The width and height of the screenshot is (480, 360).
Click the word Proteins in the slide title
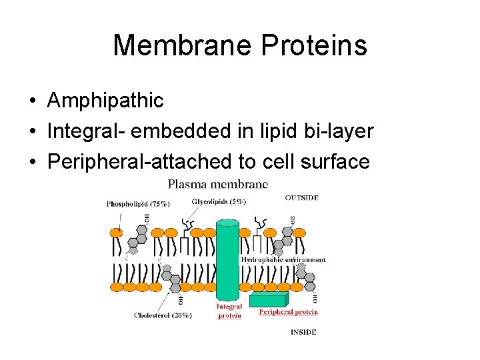[314, 45]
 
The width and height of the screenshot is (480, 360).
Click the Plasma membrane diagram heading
[218, 183]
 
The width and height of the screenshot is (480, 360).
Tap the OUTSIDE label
[301, 197]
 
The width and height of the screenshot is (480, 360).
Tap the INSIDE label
[303, 331]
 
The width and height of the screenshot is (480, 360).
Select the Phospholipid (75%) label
[138, 204]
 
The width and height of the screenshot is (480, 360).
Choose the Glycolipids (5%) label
[219, 201]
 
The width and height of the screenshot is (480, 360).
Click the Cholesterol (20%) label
[163, 315]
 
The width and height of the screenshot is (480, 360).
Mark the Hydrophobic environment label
[283, 259]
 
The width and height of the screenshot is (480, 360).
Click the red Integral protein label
[229, 311]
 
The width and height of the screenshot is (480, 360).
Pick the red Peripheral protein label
[288, 311]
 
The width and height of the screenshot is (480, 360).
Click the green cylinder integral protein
[228, 260]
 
